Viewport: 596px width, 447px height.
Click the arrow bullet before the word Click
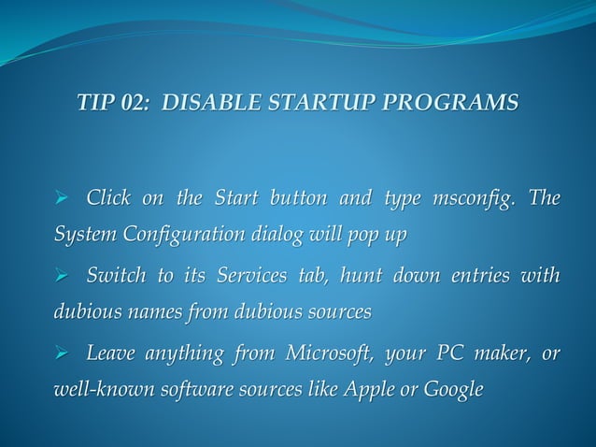pyautogui.click(x=64, y=200)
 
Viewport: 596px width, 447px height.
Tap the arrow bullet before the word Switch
pyautogui.click(x=64, y=278)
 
